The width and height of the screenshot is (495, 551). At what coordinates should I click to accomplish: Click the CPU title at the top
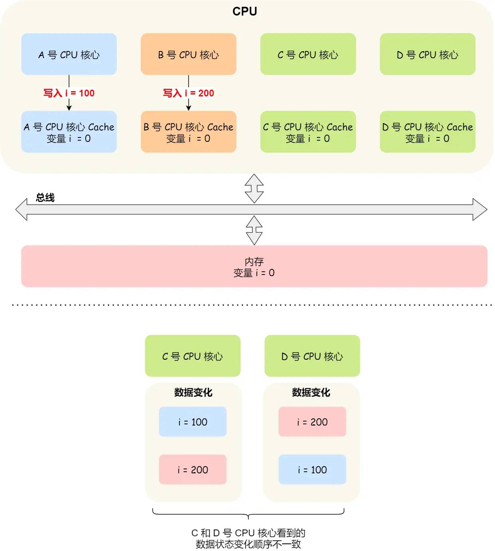[x=245, y=12]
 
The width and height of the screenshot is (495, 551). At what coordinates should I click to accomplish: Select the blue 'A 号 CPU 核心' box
[x=69, y=54]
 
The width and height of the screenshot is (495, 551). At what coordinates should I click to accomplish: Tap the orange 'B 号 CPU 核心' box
[x=189, y=54]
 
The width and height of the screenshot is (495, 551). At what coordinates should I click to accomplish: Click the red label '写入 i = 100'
[x=69, y=93]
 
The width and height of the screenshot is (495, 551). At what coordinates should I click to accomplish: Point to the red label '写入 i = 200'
[x=189, y=93]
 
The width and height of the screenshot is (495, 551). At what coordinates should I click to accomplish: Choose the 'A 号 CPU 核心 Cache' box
[x=69, y=132]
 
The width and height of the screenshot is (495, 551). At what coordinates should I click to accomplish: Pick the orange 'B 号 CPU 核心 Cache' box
[x=189, y=132]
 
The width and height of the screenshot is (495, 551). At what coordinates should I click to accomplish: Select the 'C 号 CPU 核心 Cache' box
[x=308, y=132]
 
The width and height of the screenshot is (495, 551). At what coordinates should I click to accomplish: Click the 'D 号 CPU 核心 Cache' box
[x=428, y=132]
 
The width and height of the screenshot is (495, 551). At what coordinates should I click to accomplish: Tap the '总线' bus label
[x=45, y=198]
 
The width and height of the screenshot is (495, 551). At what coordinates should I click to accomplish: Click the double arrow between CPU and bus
[x=254, y=188]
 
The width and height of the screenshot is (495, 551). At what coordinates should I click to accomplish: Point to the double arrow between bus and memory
[x=254, y=230]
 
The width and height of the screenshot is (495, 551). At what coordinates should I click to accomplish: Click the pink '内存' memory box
[x=254, y=267]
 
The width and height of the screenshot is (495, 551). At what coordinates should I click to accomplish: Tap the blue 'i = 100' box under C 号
[x=193, y=422]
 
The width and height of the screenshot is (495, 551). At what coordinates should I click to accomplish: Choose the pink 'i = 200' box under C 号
[x=193, y=470]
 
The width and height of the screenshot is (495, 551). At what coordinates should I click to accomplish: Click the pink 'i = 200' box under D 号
[x=312, y=422]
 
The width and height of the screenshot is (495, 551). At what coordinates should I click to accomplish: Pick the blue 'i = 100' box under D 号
[x=312, y=470]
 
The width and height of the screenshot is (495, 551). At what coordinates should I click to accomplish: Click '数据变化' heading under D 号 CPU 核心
[x=311, y=392]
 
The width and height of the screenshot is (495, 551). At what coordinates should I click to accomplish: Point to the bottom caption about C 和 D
[x=248, y=539]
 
